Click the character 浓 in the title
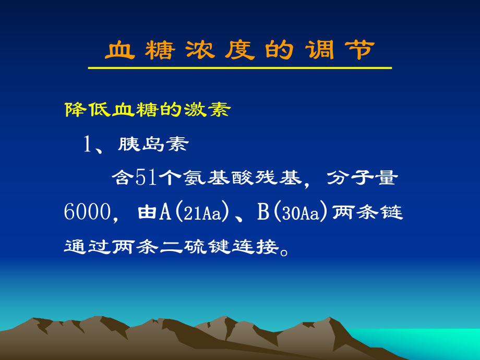[199, 51]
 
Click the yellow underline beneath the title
[239, 68]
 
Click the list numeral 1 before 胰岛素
[88, 145]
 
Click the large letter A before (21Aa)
[165, 212]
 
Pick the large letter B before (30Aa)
[262, 212]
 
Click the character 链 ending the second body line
[392, 212]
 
